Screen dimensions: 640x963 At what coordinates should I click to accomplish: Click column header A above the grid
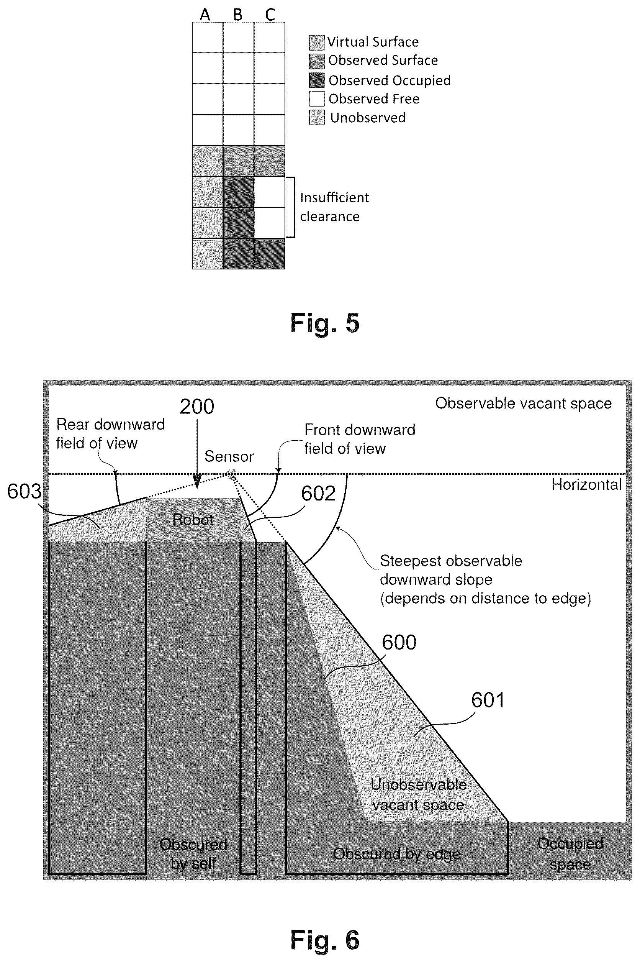coord(205,15)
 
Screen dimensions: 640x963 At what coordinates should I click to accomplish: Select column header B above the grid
coord(237,15)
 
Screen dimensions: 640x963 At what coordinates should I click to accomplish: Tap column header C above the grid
coord(270,15)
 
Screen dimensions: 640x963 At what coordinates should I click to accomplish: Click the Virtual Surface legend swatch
coord(317,43)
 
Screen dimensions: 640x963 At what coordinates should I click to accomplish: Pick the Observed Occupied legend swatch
coord(317,80)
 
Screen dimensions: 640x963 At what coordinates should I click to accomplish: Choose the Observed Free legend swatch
coord(317,99)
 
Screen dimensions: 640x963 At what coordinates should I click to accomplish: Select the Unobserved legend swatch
coord(317,118)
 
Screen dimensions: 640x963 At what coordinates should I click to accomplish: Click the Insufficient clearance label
coord(334,207)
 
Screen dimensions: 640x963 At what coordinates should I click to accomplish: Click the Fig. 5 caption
coord(324,323)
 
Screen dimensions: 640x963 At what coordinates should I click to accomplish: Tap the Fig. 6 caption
coord(324,940)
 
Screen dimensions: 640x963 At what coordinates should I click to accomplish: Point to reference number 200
coord(197,407)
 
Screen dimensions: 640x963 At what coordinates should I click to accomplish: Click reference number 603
coord(24,491)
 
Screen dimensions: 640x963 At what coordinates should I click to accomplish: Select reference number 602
coord(318,493)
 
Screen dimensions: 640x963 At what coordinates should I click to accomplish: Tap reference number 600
coord(399,642)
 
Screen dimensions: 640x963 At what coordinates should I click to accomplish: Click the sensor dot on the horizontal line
coord(231,474)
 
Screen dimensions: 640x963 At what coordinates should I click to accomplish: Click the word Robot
coord(193,520)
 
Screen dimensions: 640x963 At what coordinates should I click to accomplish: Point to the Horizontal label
coord(586,485)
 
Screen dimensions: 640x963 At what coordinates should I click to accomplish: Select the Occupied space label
coord(570,853)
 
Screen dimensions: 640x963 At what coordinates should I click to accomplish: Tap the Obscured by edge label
coord(397,853)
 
